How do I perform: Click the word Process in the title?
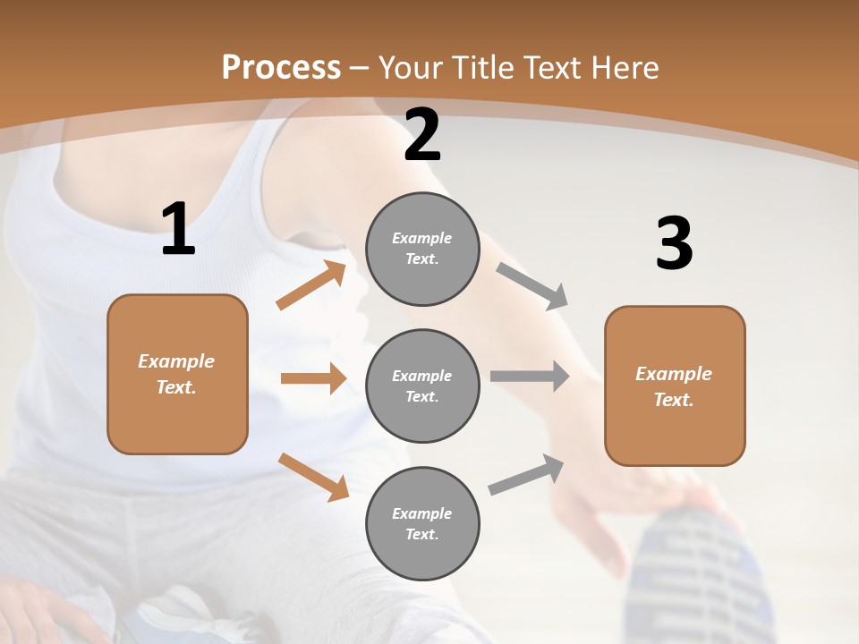[281, 68]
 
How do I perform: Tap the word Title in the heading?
[481, 68]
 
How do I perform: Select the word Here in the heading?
[625, 68]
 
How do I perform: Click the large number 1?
[178, 229]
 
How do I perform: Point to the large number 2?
[422, 135]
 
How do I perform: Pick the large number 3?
[675, 243]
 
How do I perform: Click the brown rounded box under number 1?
[177, 374]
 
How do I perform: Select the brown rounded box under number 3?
[675, 386]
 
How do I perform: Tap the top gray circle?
[422, 249]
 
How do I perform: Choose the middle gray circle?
[422, 386]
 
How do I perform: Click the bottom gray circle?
[422, 524]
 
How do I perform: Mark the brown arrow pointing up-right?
[311, 285]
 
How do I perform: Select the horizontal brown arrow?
[313, 378]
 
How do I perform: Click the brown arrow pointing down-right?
[313, 476]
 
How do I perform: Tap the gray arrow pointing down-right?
[532, 286]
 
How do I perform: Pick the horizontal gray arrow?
[530, 376]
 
